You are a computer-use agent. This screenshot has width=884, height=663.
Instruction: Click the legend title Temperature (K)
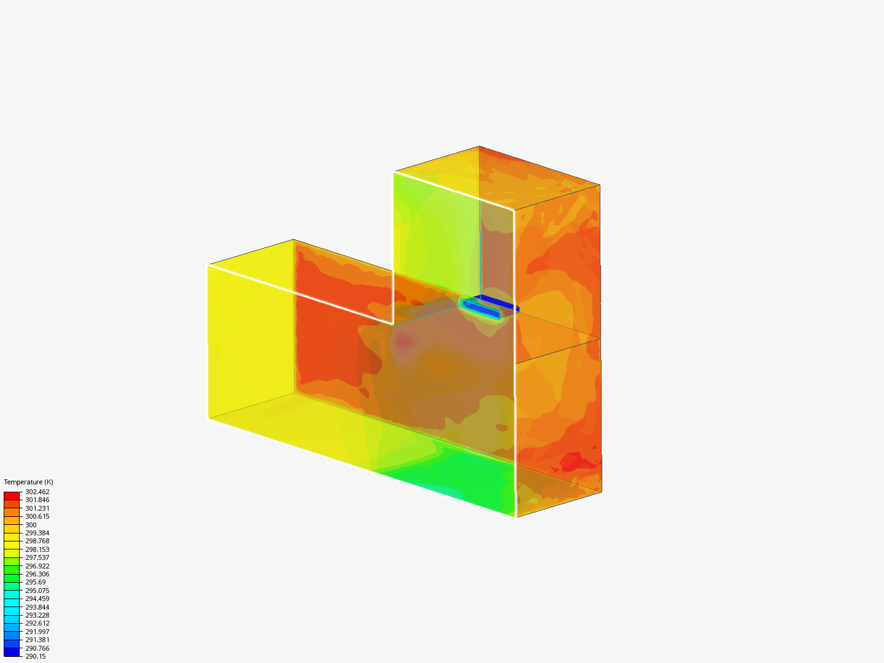pyautogui.click(x=29, y=482)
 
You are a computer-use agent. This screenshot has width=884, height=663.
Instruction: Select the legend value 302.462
pyautogui.click(x=37, y=492)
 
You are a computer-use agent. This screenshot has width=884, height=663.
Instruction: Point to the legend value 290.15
pyautogui.click(x=36, y=656)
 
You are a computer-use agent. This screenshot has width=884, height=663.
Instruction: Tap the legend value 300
pyautogui.click(x=31, y=525)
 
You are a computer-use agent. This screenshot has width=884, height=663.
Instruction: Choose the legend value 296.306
pyautogui.click(x=37, y=574)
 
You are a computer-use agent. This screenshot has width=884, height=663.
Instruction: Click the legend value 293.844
pyautogui.click(x=37, y=607)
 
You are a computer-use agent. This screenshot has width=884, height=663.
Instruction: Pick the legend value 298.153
pyautogui.click(x=37, y=549)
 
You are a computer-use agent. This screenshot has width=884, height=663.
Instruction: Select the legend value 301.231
pyautogui.click(x=37, y=508)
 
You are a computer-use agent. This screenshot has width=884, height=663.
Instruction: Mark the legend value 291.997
pyautogui.click(x=37, y=632)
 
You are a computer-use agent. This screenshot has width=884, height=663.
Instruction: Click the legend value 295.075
pyautogui.click(x=37, y=591)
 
